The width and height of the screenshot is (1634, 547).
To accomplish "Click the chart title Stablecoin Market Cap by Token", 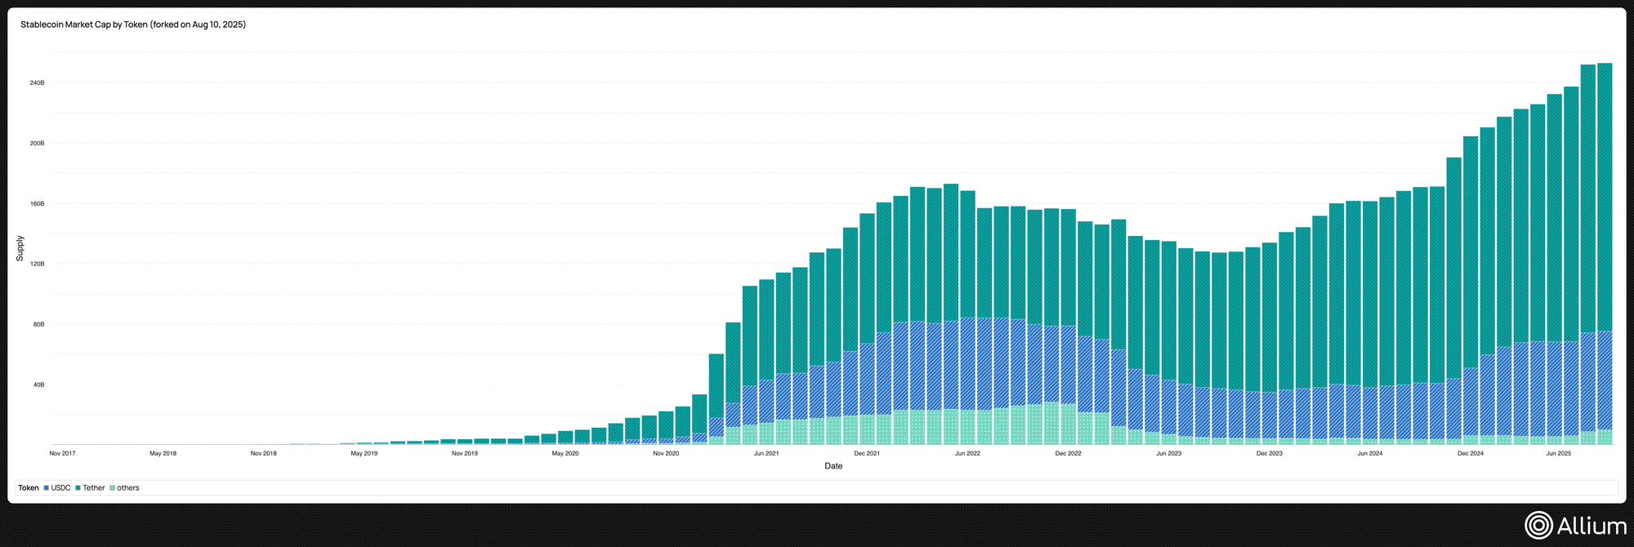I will tap(133, 24).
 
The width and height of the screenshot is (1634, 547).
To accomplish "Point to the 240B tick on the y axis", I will tap(38, 83).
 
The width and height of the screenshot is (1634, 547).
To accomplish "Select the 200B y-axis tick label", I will tap(38, 144).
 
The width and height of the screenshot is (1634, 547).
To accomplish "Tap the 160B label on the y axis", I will tap(38, 204).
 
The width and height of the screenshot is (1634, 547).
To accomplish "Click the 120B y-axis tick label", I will tap(38, 265).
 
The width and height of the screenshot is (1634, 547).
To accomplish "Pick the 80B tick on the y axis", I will tap(38, 325).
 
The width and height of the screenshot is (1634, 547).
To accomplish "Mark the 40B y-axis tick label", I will tap(38, 385).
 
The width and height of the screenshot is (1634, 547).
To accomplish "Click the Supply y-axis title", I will tap(20, 248).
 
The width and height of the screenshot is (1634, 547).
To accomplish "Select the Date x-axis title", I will tap(833, 466).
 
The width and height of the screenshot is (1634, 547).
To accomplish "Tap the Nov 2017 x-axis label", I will tap(63, 453).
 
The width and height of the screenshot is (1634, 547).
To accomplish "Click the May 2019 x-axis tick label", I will tap(364, 453).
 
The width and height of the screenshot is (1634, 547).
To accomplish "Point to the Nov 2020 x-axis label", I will tap(666, 453).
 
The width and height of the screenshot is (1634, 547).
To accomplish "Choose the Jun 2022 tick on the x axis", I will tap(967, 453).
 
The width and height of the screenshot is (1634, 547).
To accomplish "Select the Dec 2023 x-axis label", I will tap(1269, 453).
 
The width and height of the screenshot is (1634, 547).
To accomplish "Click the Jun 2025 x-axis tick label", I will tap(1558, 453).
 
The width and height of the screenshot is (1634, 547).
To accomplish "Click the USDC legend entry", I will tap(57, 488).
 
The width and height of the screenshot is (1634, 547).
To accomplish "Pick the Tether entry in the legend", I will tap(91, 488).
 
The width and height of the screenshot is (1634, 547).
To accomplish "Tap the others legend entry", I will tap(125, 488).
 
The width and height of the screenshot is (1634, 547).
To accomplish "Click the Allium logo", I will tap(1575, 526).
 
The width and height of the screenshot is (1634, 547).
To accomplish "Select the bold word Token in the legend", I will tap(29, 488).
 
